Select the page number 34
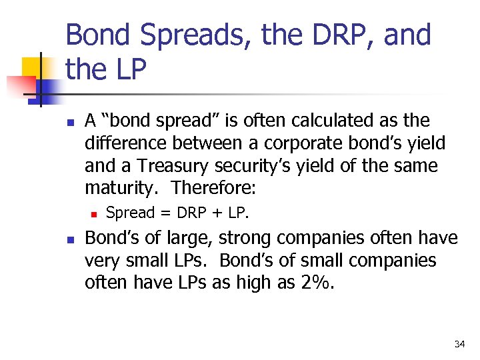[459, 344]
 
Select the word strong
[242, 238]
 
